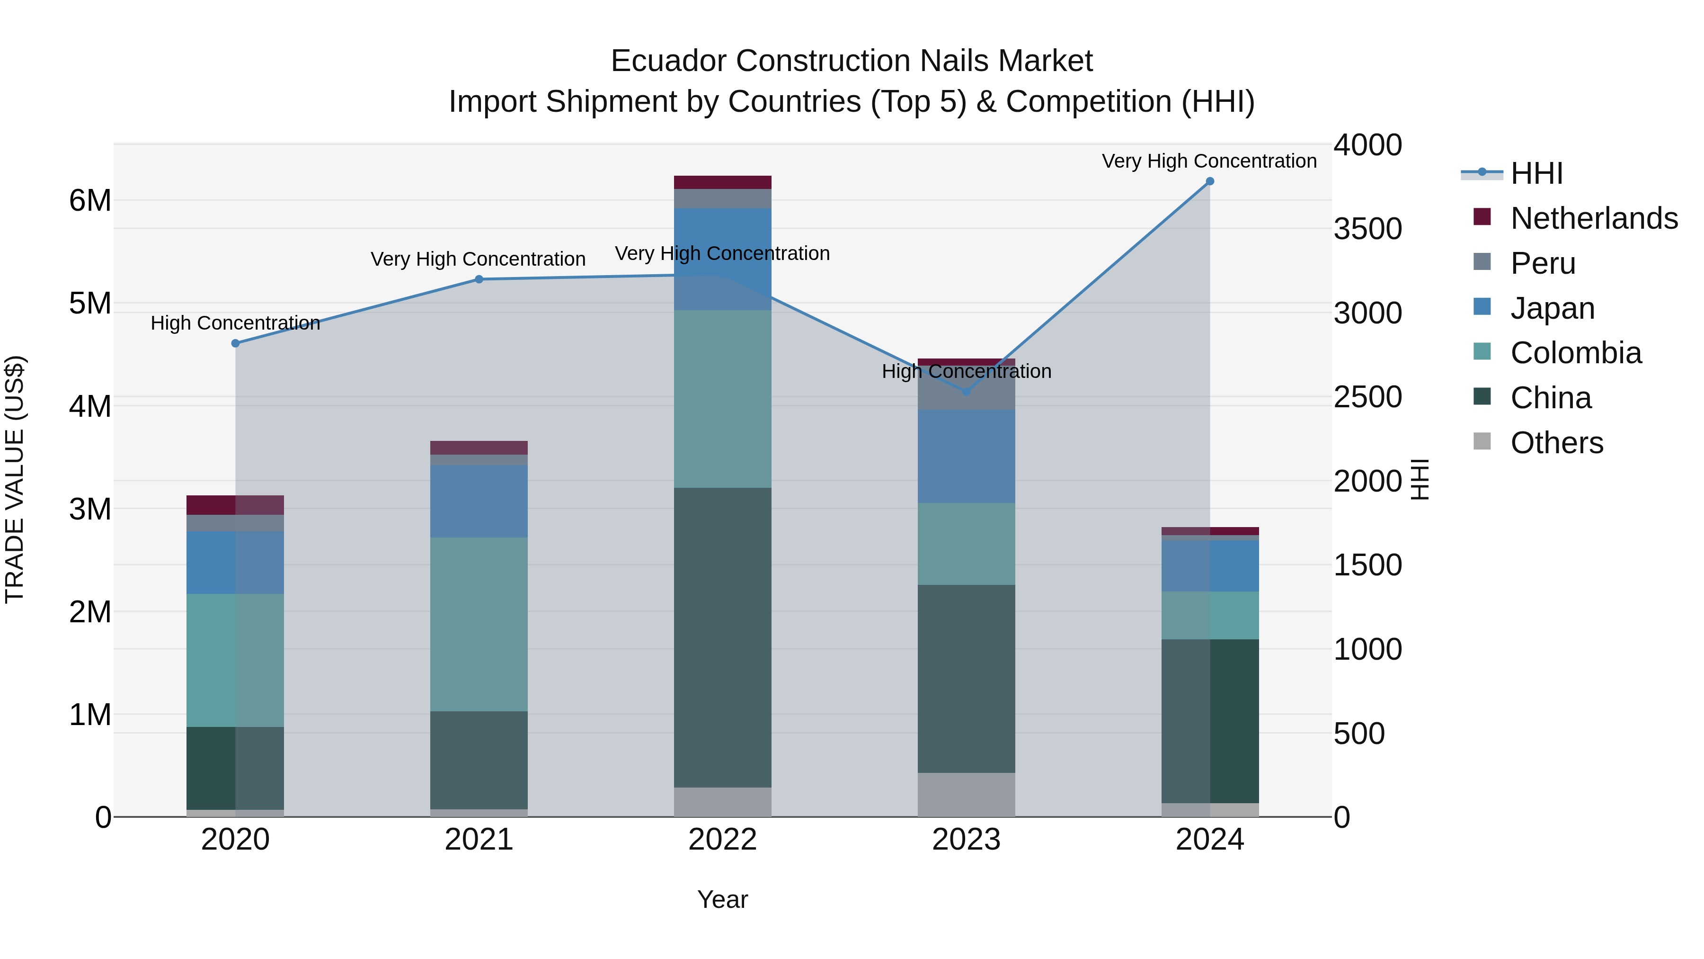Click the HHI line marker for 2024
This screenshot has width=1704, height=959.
coord(1210,181)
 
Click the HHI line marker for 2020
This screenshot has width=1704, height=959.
coord(236,343)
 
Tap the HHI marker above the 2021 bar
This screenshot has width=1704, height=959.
coord(479,279)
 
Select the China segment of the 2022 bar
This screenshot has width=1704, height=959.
coord(722,637)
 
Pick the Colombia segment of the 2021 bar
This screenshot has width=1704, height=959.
coord(479,624)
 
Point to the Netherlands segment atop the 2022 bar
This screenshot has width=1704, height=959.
coord(722,183)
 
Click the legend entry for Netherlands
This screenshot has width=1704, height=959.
coord(1594,218)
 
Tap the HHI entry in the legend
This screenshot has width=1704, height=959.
coord(1536,173)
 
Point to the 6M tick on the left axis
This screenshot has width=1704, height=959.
coord(90,200)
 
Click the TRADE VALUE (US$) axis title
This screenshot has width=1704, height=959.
coord(15,479)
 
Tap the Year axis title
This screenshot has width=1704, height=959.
coord(722,899)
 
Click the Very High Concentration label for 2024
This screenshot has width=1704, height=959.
coord(1209,161)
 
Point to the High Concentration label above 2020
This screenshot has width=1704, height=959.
coord(236,323)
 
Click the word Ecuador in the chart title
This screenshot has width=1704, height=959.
coord(668,61)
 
